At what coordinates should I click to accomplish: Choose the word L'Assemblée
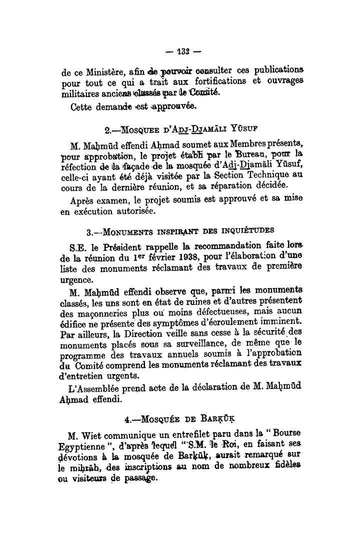click(x=99, y=388)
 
